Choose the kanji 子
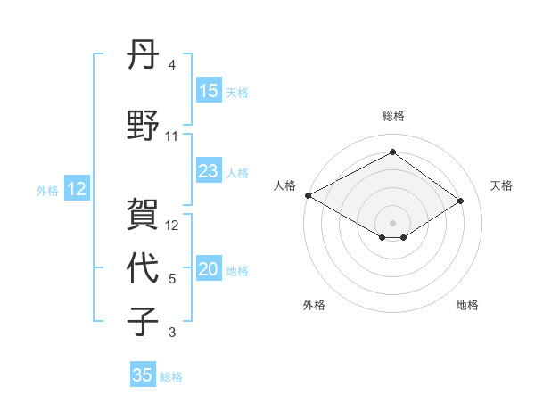[143, 320]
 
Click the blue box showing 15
[209, 91]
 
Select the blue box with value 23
[209, 171]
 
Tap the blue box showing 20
[209, 270]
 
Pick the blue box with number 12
[77, 189]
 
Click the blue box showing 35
[143, 375]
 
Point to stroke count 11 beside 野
[172, 136]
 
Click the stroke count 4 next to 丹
[171, 65]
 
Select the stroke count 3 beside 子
[171, 333]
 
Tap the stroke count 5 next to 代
[171, 279]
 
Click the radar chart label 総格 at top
[392, 116]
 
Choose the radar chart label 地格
[467, 305]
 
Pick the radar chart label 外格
[314, 305]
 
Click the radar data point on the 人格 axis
[308, 195]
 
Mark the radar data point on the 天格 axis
[461, 201]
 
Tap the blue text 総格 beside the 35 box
[171, 377]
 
